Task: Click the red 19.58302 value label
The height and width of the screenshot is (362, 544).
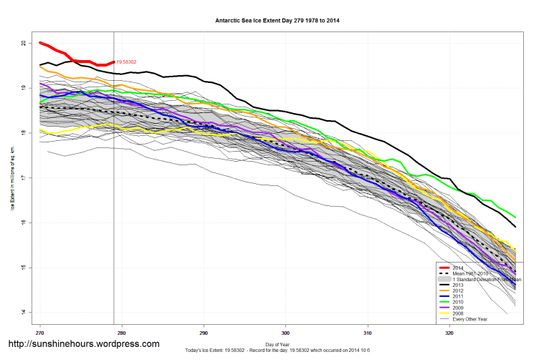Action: pos(126,62)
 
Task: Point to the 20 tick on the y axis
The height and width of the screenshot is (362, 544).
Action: pos(24,43)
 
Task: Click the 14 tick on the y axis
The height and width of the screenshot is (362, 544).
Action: pos(24,313)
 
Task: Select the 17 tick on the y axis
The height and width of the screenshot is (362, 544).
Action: pos(24,178)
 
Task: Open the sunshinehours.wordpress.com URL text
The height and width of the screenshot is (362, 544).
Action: pos(83,344)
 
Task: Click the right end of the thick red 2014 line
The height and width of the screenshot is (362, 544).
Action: pos(114,62)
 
